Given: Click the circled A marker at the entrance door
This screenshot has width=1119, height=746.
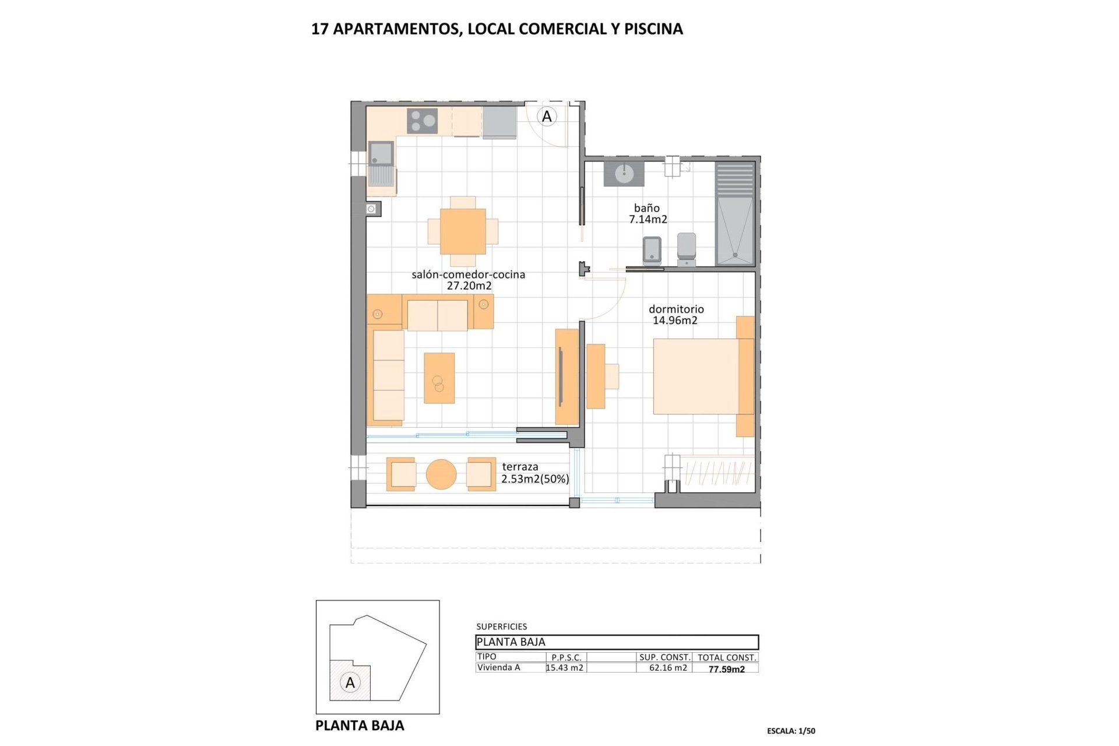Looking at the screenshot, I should coord(547,117).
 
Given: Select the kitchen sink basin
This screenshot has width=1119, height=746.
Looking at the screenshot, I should coord(381,153).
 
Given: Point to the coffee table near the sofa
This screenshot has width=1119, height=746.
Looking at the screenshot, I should coord(439,378).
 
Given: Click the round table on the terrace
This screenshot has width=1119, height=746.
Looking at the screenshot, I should coord(441,474).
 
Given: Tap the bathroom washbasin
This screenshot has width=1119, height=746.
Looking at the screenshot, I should coord(624,174).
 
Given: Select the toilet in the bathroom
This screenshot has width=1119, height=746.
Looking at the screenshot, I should coord(687,248).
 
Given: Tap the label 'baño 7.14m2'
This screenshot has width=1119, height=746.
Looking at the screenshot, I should coord(648,213).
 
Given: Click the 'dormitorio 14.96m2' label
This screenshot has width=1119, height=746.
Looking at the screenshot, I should coord(676,315).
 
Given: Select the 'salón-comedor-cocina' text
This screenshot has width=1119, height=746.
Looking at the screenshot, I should coord(468,275).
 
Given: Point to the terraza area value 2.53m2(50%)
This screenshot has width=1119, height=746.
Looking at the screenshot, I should coord(535,479).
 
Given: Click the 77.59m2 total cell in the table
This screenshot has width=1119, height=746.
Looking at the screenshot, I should coord(726,669).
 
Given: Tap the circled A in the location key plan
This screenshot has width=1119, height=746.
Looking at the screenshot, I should coord(350,682).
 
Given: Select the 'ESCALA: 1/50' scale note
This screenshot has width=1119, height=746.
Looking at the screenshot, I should coord(791,731).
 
